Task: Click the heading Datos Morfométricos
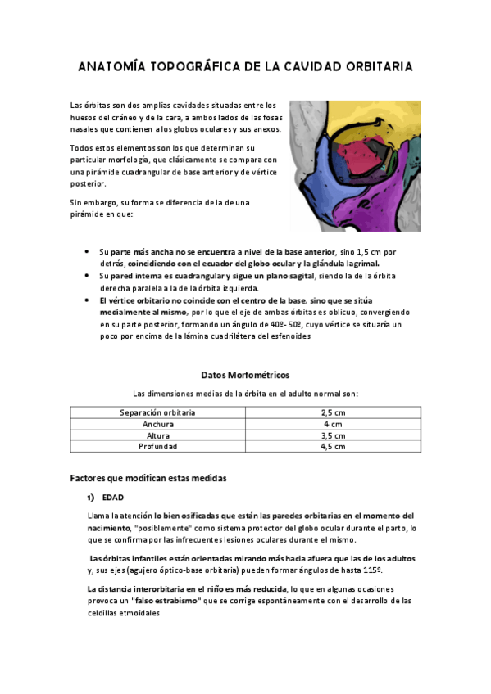[x=245, y=375]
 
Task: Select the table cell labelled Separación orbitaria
[x=157, y=412]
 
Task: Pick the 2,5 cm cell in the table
[x=333, y=412]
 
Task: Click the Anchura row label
[x=157, y=424]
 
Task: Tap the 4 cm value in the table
[x=333, y=424]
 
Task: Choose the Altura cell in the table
[x=157, y=435]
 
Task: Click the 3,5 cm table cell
[x=333, y=435]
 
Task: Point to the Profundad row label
[x=157, y=447]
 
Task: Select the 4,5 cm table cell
[x=333, y=447]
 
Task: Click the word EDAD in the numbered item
[x=113, y=497]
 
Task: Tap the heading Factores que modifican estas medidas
[x=148, y=477]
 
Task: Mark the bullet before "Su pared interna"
[x=88, y=276]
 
